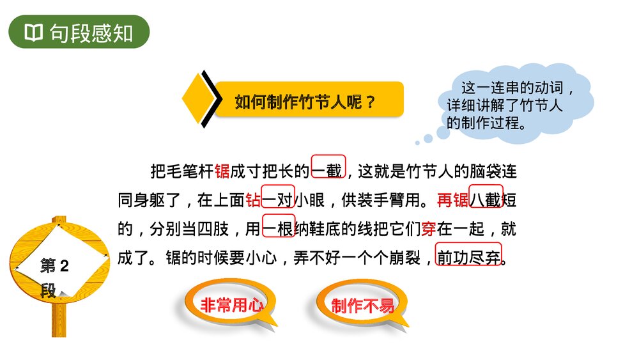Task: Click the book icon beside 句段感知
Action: pyautogui.click(x=33, y=33)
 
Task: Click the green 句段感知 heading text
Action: pyautogui.click(x=91, y=33)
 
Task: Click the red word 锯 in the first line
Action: pyautogui.click(x=222, y=171)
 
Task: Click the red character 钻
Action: pyautogui.click(x=253, y=200)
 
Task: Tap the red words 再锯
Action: pyautogui.click(x=453, y=200)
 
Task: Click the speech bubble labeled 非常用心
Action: pyautogui.click(x=231, y=306)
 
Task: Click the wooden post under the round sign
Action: pyautogui.click(x=59, y=320)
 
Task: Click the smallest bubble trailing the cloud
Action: pyautogui.click(x=417, y=143)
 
